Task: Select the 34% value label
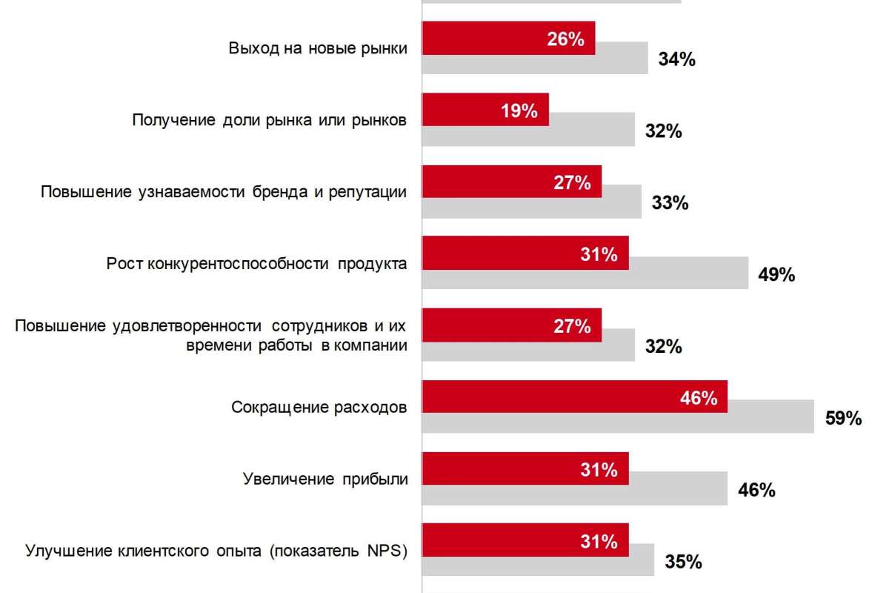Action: click(676, 60)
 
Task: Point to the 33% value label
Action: click(670, 202)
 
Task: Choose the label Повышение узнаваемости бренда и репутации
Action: click(224, 192)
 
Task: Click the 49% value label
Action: click(776, 275)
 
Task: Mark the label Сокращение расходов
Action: click(319, 408)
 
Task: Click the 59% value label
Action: click(843, 419)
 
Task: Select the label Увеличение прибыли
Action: click(325, 479)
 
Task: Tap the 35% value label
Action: click(682, 562)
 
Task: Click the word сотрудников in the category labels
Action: click(317, 326)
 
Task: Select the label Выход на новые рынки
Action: click(318, 49)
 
